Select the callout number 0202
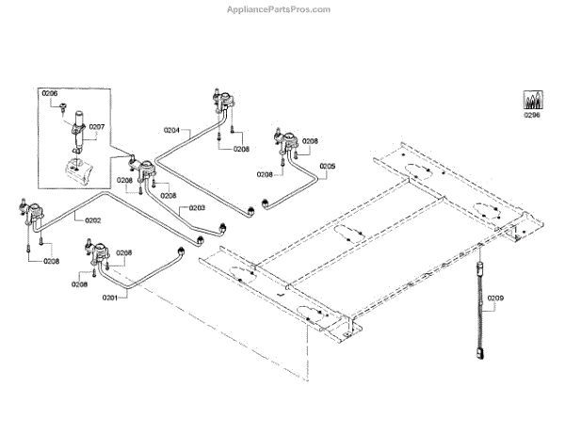[x=92, y=220]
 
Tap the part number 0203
[x=197, y=208]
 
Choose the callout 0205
[x=327, y=167]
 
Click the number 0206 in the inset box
[x=50, y=92]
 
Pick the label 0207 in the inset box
[x=96, y=126]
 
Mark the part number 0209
[x=495, y=298]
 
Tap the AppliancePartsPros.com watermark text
[x=280, y=9]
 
